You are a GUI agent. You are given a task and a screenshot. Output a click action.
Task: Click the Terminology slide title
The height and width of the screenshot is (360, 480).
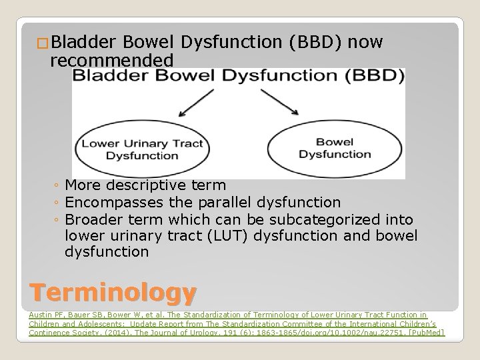[x=113, y=291]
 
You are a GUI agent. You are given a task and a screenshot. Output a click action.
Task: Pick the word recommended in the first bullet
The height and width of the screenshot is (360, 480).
[x=112, y=61]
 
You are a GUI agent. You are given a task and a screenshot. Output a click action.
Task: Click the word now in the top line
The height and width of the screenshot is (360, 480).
[x=366, y=43]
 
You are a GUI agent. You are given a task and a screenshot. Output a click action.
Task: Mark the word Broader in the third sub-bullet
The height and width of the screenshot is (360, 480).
[x=90, y=219]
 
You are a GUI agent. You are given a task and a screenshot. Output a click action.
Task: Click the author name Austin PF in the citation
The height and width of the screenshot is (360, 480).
[x=45, y=314]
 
